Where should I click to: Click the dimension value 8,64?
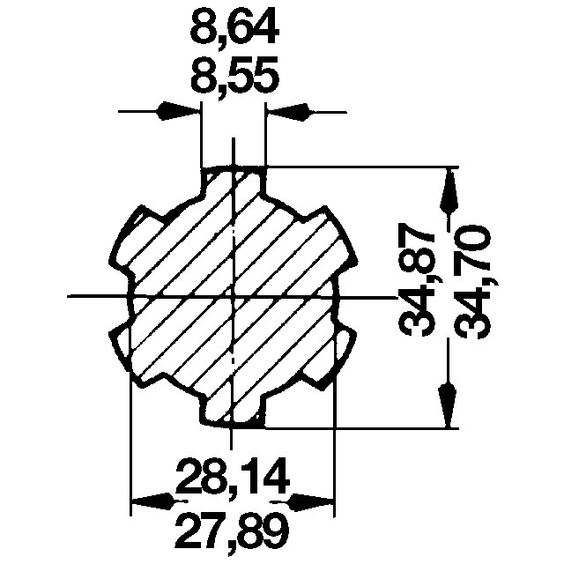(x=234, y=28)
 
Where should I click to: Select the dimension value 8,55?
(x=234, y=74)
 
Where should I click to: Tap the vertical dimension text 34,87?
(x=415, y=279)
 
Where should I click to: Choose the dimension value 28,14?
(x=233, y=476)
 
